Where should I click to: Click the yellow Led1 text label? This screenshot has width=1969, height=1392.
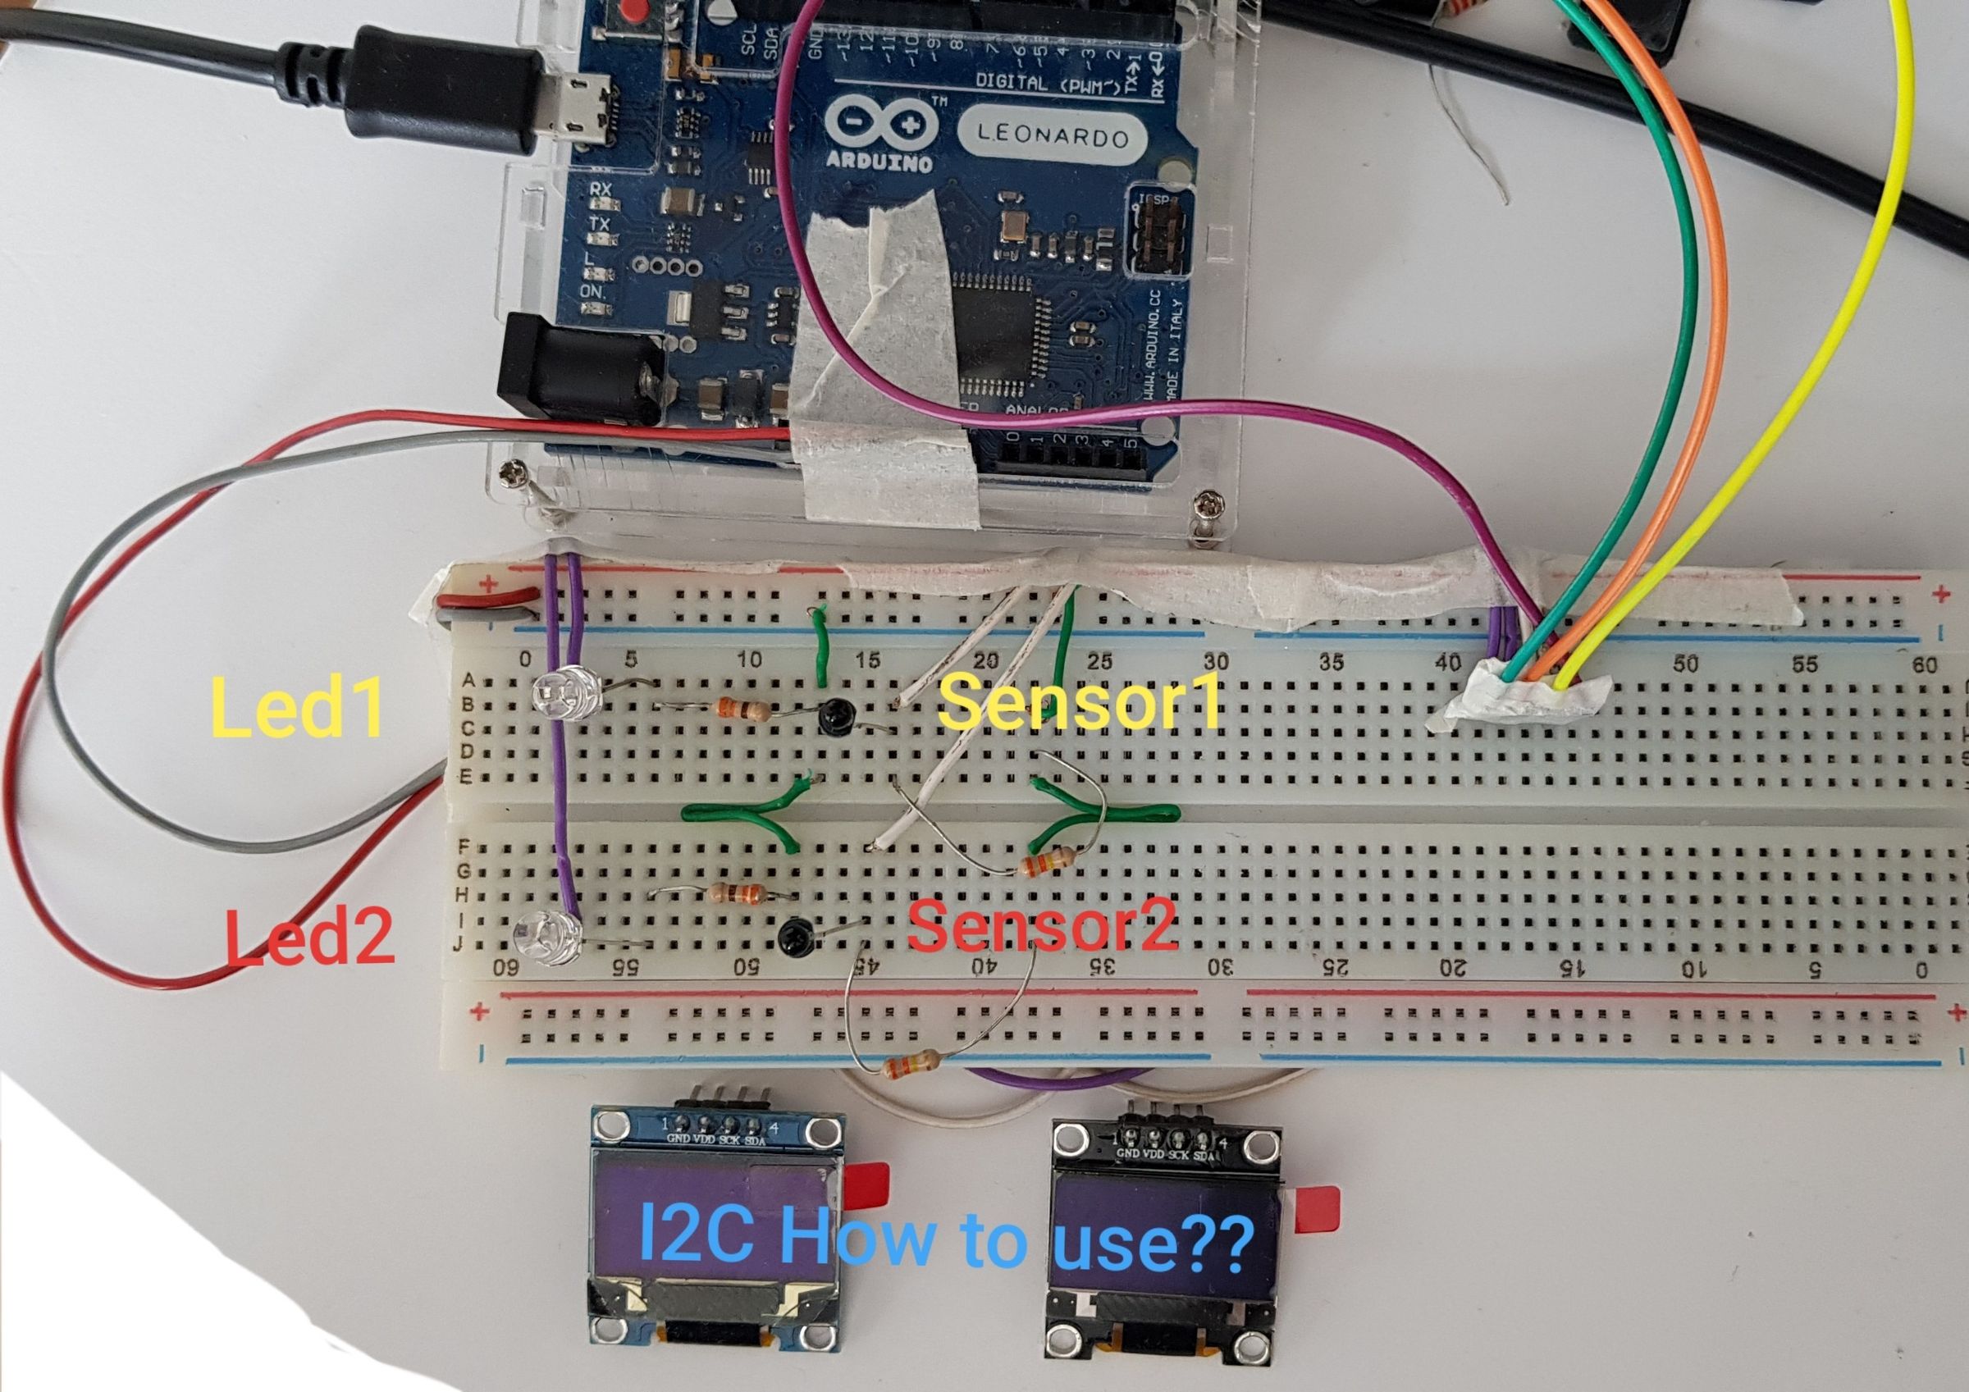point(297,708)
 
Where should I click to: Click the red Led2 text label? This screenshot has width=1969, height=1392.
point(310,938)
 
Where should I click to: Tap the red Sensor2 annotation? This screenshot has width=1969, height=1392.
point(1041,927)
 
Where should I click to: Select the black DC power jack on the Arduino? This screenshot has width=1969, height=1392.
point(583,364)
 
